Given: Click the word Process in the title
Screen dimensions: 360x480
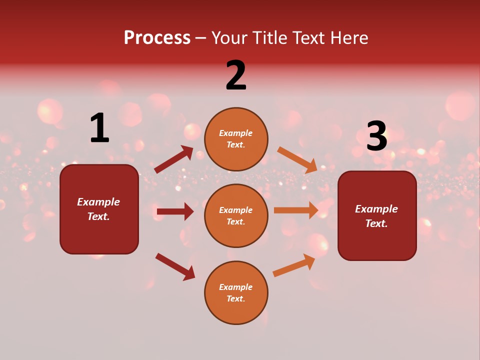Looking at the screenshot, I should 157,38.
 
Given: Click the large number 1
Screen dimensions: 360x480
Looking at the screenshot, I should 99,128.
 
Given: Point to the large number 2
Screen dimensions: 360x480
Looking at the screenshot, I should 236,75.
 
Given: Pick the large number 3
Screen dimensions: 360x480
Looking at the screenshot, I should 376,136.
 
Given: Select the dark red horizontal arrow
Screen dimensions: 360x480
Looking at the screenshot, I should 175,211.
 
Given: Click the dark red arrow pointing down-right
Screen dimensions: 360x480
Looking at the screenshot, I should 175,266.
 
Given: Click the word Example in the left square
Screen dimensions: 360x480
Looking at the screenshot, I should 98,202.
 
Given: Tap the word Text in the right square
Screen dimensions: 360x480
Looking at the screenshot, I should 376,223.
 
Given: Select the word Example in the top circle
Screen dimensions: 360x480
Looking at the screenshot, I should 235,133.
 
